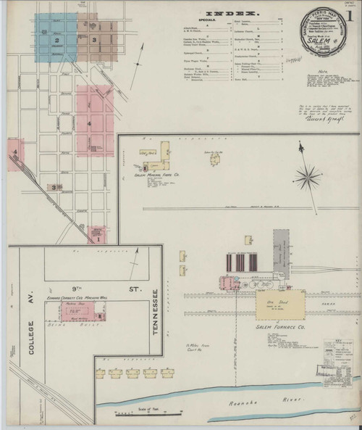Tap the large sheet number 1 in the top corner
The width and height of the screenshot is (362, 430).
tap(350, 15)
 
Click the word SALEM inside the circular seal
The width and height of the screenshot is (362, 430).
tap(318, 42)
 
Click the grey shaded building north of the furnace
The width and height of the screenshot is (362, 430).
tap(280, 249)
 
